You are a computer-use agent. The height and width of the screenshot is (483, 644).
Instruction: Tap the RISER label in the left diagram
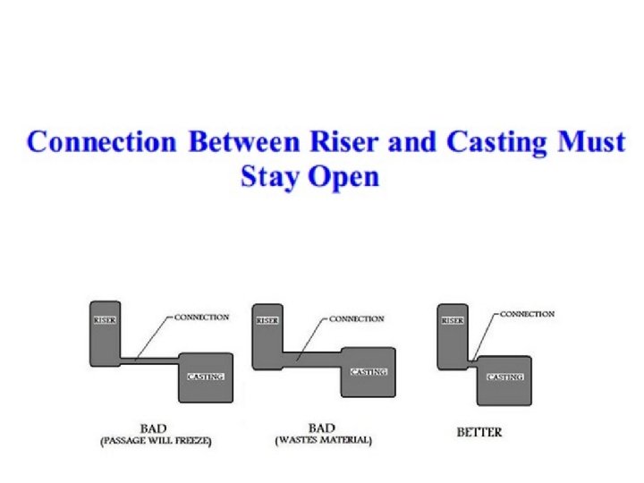point(106,318)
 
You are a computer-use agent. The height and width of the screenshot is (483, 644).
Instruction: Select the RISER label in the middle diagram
point(267,318)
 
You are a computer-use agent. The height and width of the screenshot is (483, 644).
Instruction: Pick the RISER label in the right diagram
point(452,318)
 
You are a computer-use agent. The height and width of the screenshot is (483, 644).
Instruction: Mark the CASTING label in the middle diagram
point(369,372)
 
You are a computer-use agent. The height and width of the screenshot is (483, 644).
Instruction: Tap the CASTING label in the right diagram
point(504,377)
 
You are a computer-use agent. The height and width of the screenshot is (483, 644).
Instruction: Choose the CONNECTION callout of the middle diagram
point(357,318)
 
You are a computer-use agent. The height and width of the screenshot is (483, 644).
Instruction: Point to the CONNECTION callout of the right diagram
point(527,314)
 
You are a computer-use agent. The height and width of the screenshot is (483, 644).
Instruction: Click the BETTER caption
point(479,432)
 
